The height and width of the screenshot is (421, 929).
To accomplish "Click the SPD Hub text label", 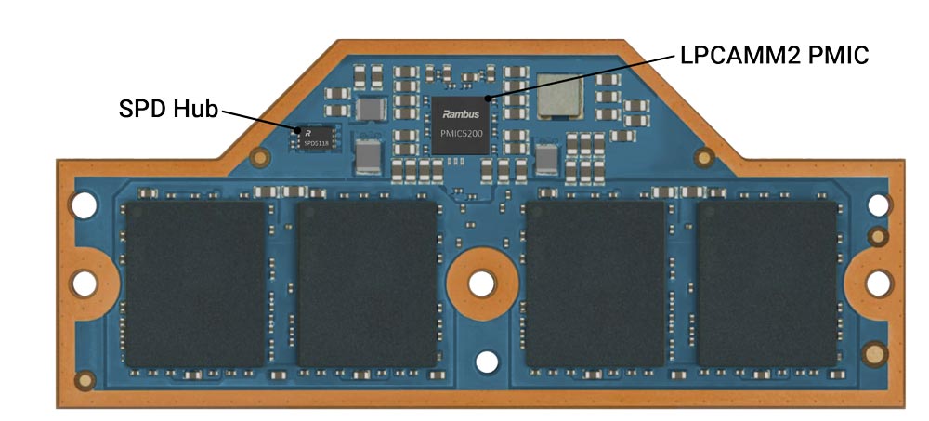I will [x=167, y=108].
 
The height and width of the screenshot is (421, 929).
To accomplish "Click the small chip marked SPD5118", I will [x=316, y=139].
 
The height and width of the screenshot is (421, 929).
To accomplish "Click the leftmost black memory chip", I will [x=196, y=283].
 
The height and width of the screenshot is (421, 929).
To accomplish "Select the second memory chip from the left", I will [x=367, y=283].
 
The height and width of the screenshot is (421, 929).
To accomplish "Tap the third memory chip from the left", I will [x=595, y=283].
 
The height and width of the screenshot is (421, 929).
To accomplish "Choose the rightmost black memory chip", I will [x=767, y=283].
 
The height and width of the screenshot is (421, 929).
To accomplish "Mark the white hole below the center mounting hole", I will [x=482, y=362].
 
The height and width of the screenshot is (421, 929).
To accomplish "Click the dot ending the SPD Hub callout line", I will [x=297, y=131].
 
